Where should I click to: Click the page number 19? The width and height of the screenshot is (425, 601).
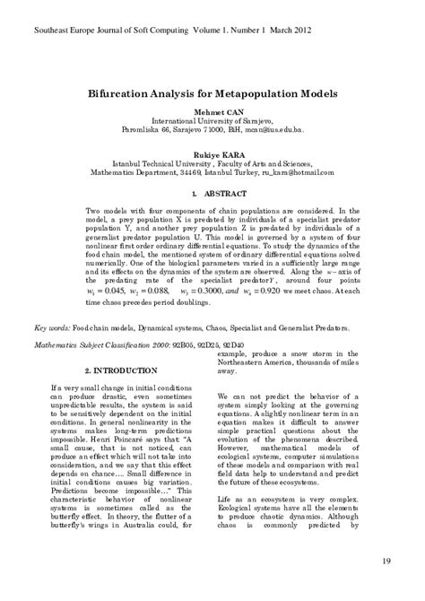click(x=386, y=562)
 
